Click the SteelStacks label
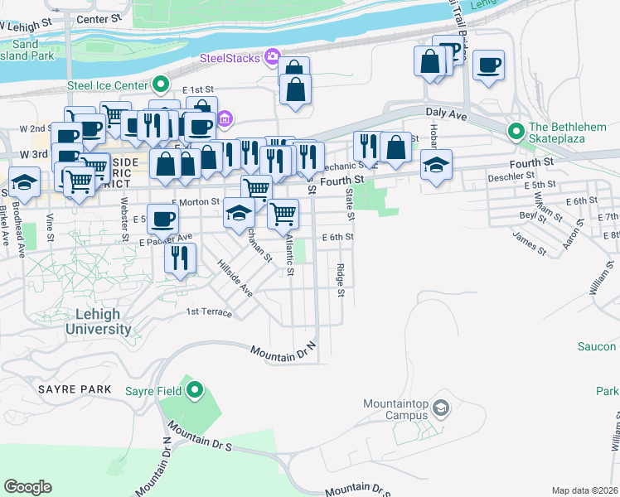(229, 58)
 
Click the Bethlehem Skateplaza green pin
(516, 131)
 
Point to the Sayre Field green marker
(195, 389)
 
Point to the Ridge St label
(341, 282)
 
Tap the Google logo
(27, 486)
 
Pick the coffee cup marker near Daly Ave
(489, 65)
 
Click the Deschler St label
(511, 176)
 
